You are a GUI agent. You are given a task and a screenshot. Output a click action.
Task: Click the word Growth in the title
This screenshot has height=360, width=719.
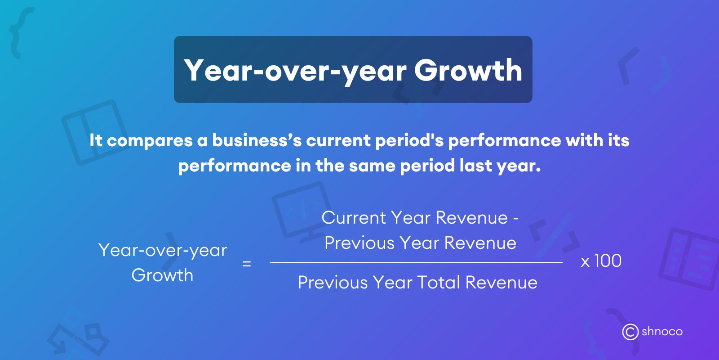click(468, 70)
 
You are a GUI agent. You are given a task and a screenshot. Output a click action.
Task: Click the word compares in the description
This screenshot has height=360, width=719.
click(149, 140)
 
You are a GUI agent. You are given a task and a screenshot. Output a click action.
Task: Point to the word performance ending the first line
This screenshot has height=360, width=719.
click(504, 140)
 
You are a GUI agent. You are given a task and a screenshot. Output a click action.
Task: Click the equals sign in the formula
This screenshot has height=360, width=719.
click(246, 264)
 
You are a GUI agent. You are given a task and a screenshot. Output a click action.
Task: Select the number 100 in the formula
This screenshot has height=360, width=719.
click(608, 261)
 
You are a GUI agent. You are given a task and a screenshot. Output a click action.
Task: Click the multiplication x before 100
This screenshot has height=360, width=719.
click(585, 262)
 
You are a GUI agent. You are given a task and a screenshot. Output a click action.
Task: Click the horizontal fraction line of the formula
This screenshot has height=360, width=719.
click(416, 262)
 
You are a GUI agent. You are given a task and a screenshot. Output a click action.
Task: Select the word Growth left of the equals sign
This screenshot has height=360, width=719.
click(162, 275)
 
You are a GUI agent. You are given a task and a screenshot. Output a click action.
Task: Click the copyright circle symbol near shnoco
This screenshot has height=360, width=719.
click(630, 332)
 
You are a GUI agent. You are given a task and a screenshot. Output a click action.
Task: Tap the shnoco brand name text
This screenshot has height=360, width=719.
click(662, 332)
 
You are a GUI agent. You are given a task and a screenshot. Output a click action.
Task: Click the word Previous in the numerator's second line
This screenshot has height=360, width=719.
click(359, 243)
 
